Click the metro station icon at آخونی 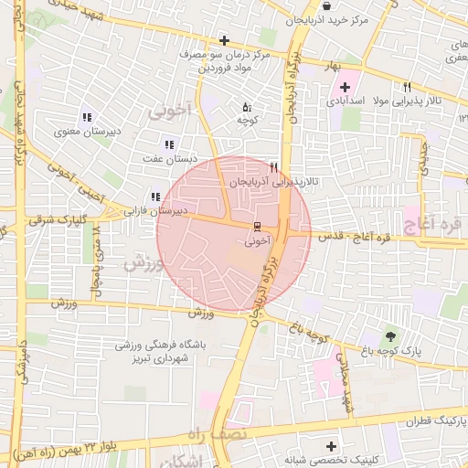click(x=257, y=225)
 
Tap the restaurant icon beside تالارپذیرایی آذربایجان click(x=272, y=167)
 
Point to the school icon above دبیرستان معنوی click(x=87, y=117)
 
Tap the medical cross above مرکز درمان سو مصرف click(x=224, y=39)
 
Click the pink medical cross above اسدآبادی click(x=343, y=86)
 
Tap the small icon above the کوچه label click(x=245, y=106)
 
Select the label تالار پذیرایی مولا click(x=411, y=99)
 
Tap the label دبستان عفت click(x=170, y=157)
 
